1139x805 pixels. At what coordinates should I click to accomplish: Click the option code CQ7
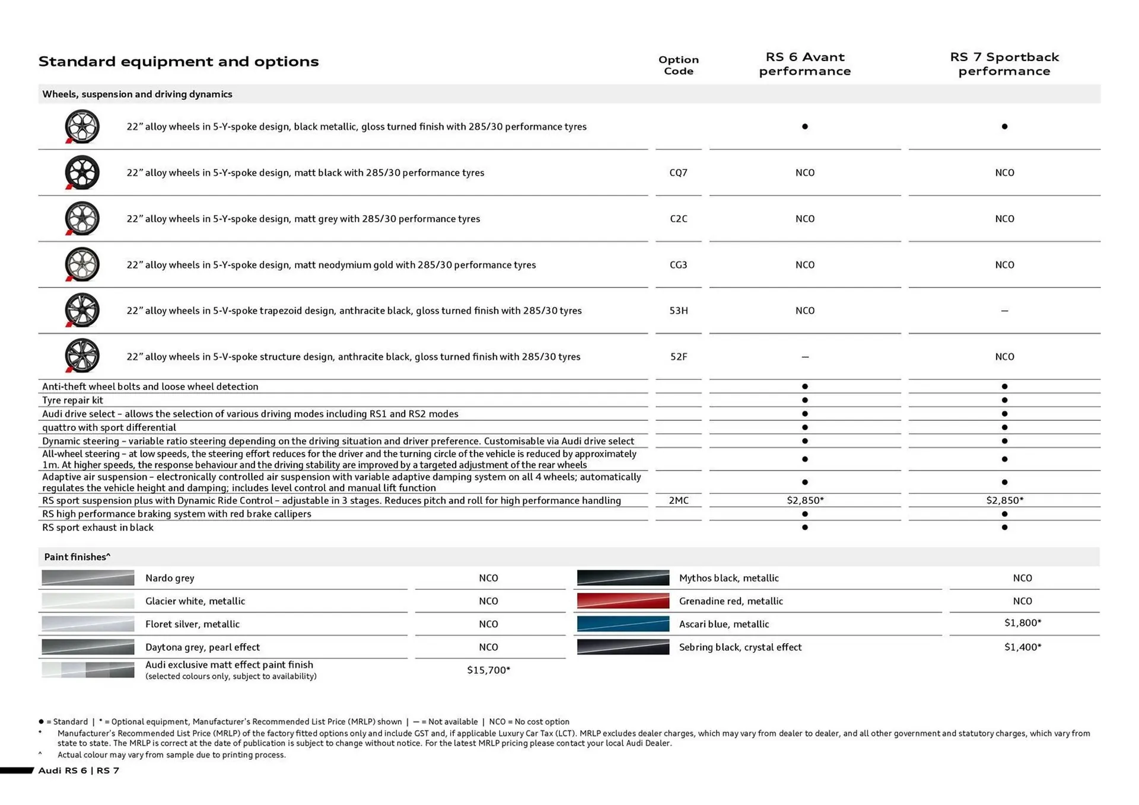click(x=678, y=172)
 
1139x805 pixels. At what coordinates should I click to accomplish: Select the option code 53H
click(x=678, y=311)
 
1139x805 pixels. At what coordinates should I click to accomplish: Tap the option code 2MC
click(x=678, y=500)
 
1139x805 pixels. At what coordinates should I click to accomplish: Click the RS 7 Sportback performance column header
click(x=1004, y=64)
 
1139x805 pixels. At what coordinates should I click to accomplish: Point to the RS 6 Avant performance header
click(x=804, y=64)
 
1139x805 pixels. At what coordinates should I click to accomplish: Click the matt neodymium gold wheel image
click(x=82, y=264)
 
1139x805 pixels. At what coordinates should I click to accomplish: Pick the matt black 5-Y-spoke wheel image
click(x=82, y=172)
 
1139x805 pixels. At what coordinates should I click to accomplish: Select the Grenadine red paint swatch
click(x=623, y=601)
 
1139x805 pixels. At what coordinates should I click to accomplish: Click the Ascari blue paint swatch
click(x=623, y=624)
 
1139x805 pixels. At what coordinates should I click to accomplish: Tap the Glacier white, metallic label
click(x=195, y=601)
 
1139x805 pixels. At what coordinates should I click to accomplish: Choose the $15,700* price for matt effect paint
click(x=488, y=670)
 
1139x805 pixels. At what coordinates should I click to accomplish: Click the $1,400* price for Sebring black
click(x=1022, y=647)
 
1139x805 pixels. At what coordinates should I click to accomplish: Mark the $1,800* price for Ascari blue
click(x=1022, y=622)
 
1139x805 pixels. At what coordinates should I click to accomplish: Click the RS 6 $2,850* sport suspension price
click(x=805, y=500)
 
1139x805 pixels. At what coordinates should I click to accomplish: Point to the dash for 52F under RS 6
click(x=804, y=357)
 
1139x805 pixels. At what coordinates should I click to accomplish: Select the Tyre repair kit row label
click(x=72, y=400)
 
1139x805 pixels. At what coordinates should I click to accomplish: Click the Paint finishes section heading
click(x=77, y=557)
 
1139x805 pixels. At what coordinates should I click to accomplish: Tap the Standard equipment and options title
click(x=178, y=62)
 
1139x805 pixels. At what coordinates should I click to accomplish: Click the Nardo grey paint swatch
click(x=88, y=578)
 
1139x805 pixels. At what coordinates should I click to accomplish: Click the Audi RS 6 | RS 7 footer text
click(x=78, y=771)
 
